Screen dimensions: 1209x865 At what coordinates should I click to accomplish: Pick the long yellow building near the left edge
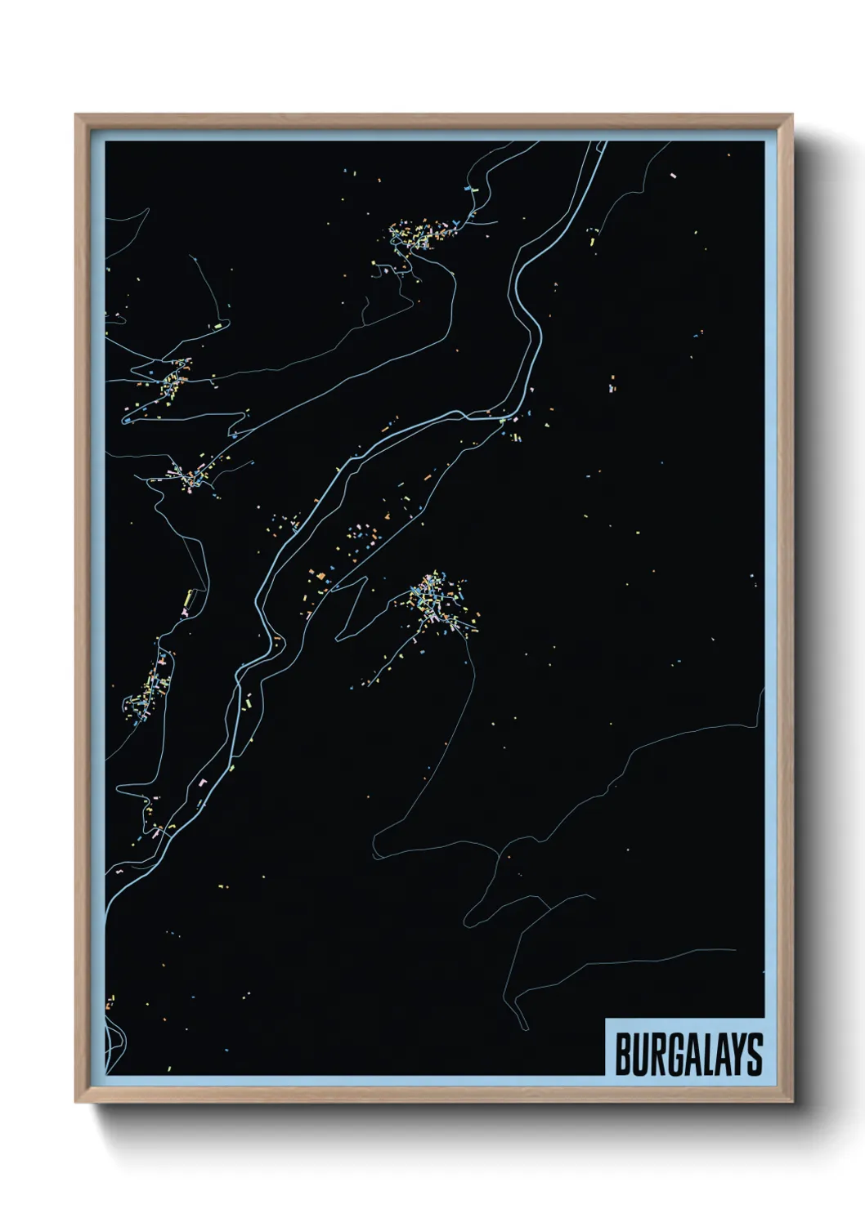click(188, 601)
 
